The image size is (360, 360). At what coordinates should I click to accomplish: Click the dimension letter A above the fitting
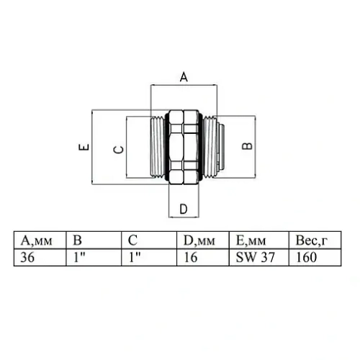tap(183, 76)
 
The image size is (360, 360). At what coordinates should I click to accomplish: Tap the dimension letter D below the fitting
tap(183, 209)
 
